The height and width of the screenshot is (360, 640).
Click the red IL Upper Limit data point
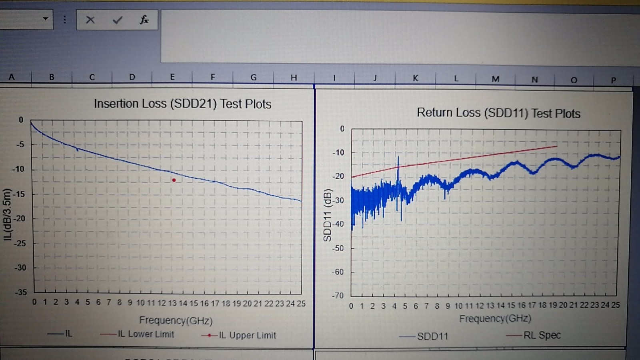[x=174, y=180]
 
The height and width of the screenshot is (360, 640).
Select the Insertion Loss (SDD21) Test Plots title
[x=182, y=104]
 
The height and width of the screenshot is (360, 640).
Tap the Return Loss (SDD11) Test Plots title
[x=498, y=113]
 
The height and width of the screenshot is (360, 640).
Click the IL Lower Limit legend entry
[x=138, y=334]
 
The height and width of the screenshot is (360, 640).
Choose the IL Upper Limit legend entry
[x=239, y=335]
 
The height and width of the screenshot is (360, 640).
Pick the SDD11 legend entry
[x=424, y=336]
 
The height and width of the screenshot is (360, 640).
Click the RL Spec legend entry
[x=534, y=335]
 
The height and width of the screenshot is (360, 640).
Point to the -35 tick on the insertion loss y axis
[x=21, y=292]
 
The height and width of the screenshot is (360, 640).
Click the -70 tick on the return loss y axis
[x=338, y=296]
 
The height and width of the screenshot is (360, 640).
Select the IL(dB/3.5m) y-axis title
[x=7, y=215]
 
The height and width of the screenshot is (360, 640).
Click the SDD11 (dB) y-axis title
[x=328, y=215]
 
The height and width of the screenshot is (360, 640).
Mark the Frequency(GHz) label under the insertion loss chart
[x=176, y=320]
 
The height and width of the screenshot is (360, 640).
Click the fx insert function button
[x=144, y=20]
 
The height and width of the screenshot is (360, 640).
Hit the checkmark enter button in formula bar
[x=117, y=20]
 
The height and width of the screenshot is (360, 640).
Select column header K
[x=415, y=78]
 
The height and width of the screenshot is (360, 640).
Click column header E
[x=172, y=77]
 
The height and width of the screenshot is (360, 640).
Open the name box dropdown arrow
[x=46, y=19]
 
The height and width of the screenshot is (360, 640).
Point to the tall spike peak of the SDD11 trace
[x=398, y=157]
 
